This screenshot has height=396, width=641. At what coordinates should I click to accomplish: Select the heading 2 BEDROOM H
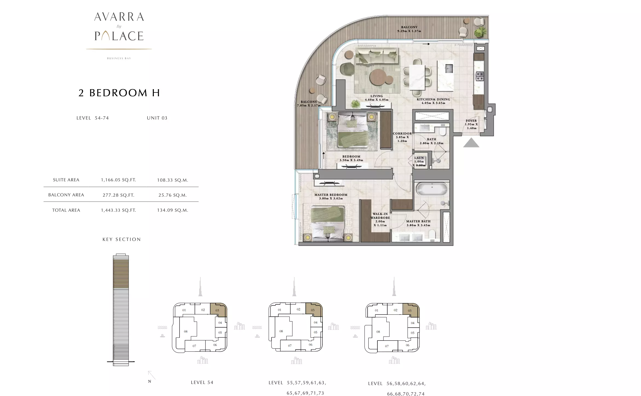coord(119,93)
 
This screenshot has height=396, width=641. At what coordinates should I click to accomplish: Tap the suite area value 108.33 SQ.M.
coord(172,180)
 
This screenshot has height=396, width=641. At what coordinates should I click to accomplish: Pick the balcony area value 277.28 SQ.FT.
coord(119,195)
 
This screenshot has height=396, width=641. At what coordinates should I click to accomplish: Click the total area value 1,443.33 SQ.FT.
coord(119,210)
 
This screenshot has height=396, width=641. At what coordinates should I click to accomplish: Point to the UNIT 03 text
coord(157,118)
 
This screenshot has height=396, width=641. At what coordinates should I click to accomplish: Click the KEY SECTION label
coord(122,239)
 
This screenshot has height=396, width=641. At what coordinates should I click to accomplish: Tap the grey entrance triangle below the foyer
coord(471,143)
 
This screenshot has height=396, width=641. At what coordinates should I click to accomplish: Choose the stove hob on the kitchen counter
coord(480,76)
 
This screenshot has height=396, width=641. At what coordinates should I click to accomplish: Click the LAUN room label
coord(419,158)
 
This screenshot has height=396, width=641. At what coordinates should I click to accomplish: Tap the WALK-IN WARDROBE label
coord(380,216)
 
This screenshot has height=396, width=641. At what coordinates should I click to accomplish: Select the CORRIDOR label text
coord(402,134)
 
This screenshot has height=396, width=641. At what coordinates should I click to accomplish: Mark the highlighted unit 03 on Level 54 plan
coord(218,310)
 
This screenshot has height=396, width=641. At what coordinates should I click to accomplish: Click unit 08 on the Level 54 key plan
coord(186,331)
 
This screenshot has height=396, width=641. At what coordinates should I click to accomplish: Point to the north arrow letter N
coord(149,381)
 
